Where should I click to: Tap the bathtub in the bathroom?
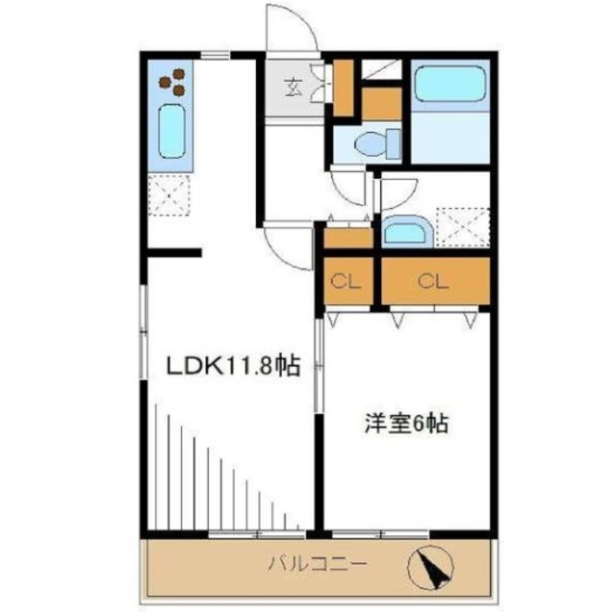click(x=449, y=84)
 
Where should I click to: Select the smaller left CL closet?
click(x=346, y=281)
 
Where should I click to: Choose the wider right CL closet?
click(x=432, y=281)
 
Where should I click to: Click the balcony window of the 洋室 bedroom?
click(x=381, y=532)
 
